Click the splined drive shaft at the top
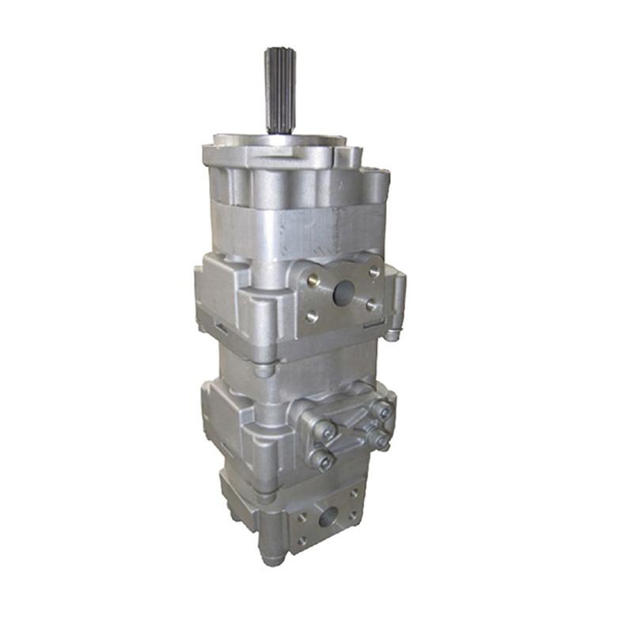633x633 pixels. click(x=279, y=91)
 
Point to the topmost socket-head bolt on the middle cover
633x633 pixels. click(x=382, y=410)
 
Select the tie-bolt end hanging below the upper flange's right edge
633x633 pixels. click(x=391, y=334)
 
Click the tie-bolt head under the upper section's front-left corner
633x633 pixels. click(x=266, y=369)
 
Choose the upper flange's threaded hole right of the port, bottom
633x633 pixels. click(x=371, y=305)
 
